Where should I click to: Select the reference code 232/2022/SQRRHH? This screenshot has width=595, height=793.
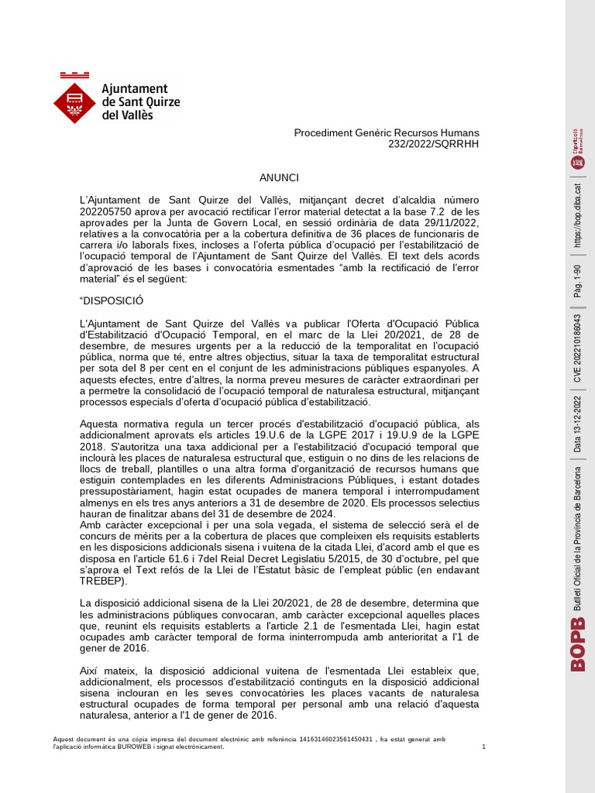point(437,145)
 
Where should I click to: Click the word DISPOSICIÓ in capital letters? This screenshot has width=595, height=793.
point(112,300)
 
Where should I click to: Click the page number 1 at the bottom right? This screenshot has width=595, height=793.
point(483,747)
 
